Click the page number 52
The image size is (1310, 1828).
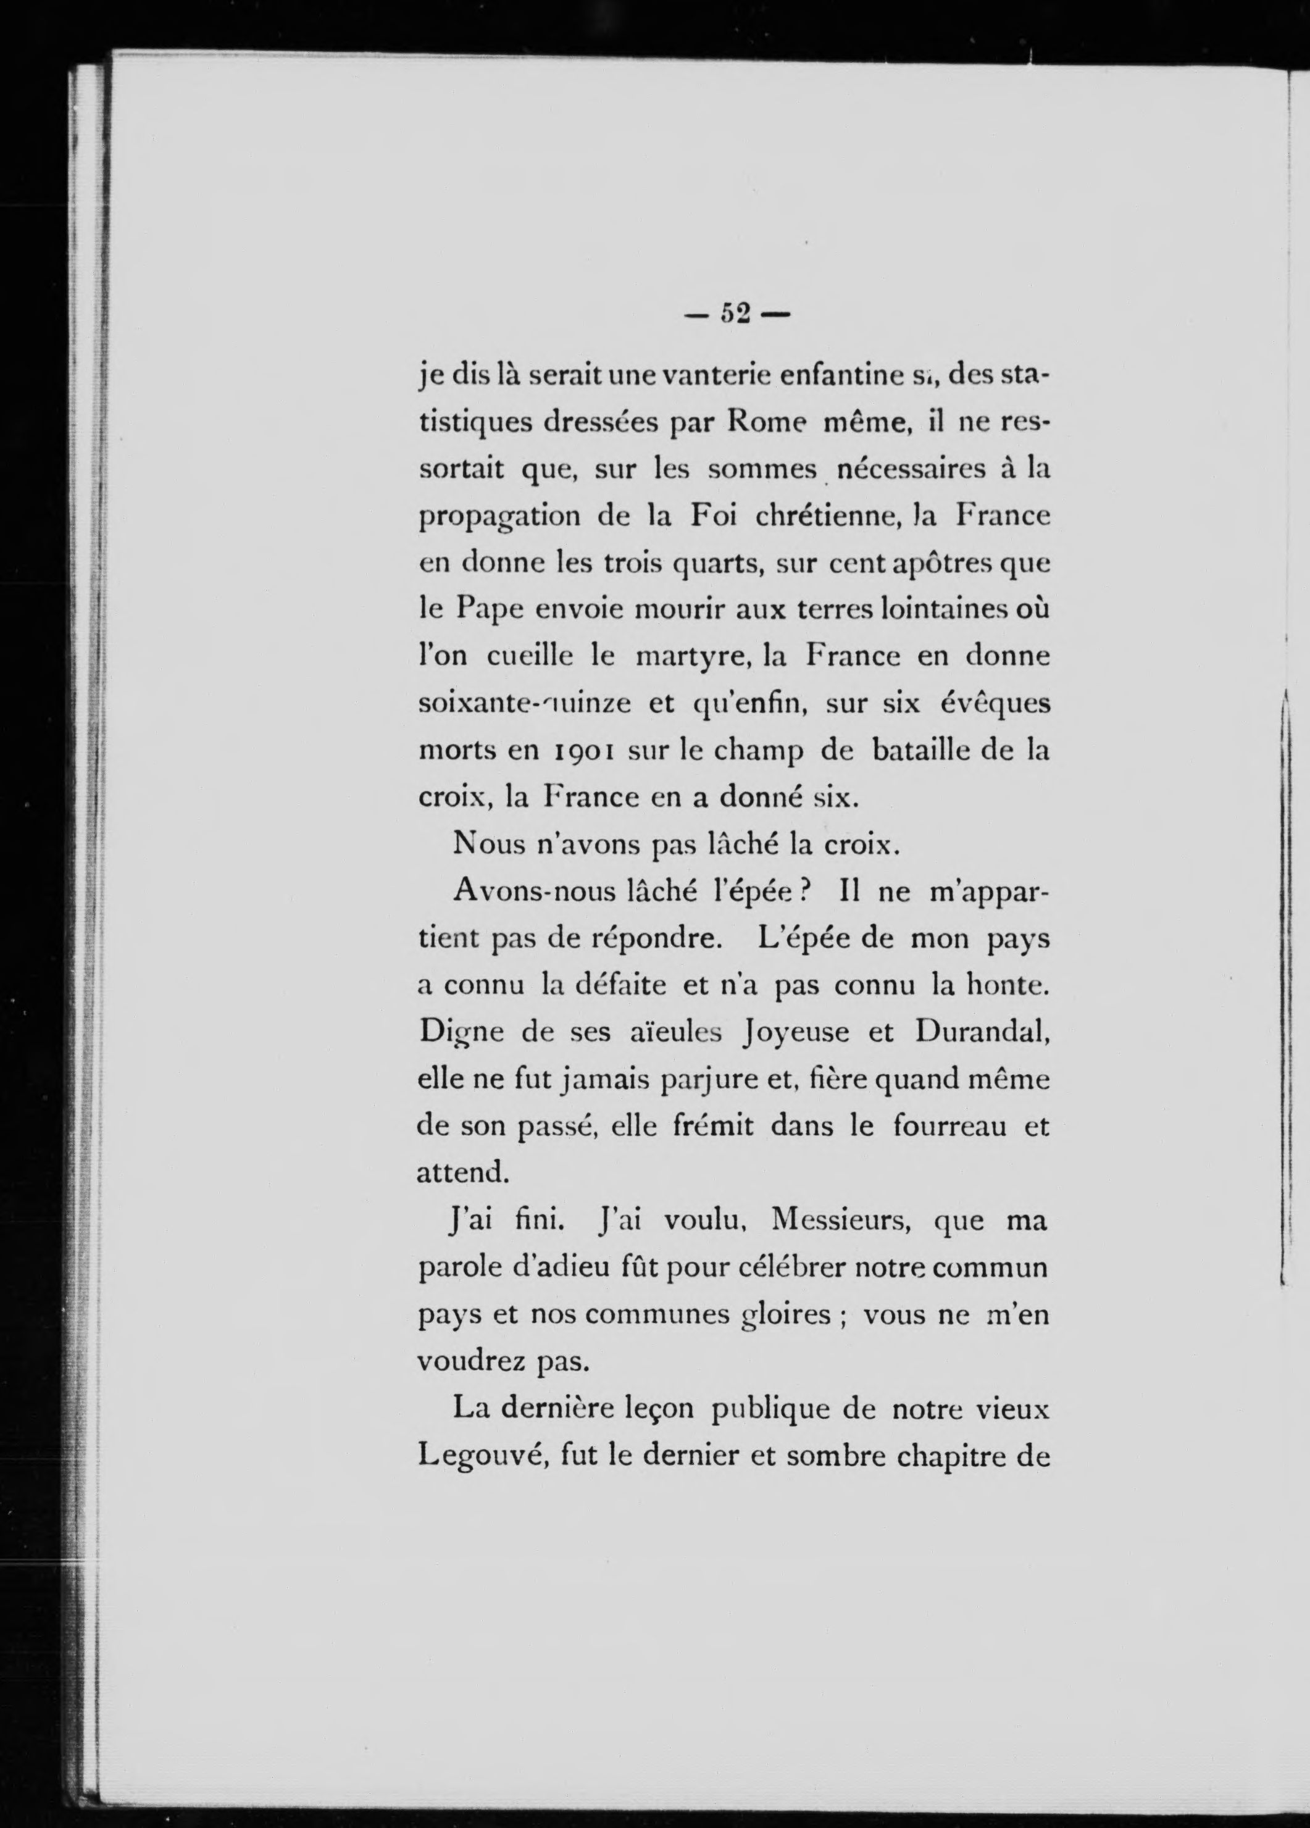point(738,313)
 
